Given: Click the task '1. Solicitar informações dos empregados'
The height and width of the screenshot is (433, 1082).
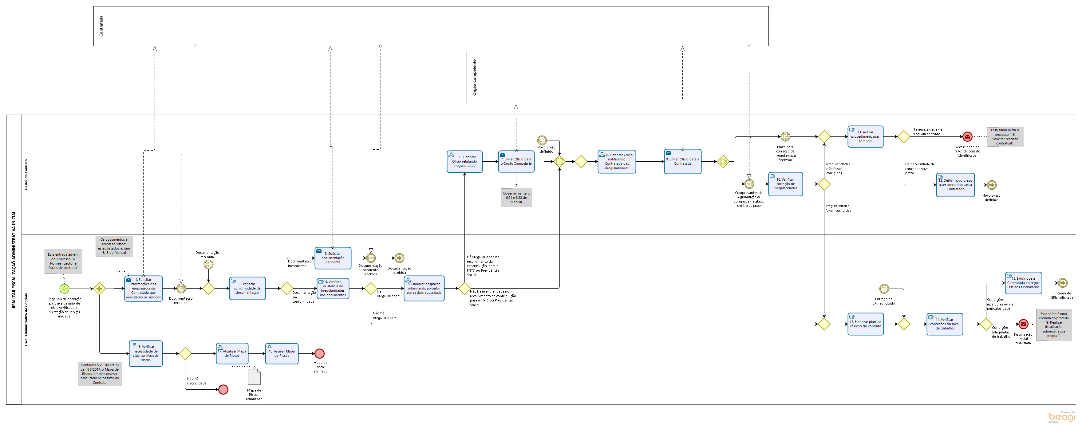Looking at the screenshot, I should coord(143,289).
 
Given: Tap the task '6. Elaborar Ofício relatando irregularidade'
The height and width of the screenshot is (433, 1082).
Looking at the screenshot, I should coord(464,162).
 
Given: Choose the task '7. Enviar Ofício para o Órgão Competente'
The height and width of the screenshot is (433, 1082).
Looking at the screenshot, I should coord(516,162).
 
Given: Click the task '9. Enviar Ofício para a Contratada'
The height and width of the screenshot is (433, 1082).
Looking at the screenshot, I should coord(682,162).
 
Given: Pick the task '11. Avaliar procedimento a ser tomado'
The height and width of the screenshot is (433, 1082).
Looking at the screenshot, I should coord(865,136).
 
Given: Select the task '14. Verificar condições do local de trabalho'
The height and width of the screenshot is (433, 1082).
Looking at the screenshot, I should coord(944,324).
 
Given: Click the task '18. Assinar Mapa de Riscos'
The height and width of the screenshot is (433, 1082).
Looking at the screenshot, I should coord(282,354).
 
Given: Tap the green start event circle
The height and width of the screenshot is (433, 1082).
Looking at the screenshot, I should coord(64,289).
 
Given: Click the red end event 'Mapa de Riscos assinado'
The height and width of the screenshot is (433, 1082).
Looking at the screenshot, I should coord(319,354).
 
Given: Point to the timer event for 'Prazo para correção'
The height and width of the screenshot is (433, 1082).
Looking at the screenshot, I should coord(785,136).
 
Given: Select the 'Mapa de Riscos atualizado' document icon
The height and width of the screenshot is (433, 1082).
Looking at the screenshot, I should coord(254,377).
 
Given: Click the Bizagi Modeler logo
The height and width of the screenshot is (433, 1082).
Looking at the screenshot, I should coord(1061,417).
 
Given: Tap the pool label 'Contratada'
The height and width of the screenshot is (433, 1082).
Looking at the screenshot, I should coord(101,26).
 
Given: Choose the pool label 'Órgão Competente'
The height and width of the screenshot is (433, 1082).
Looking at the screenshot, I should coord(474,78).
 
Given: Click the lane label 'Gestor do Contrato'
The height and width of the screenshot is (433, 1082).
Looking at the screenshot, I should coord(26,174).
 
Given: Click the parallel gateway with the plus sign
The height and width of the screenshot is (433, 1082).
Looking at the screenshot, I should coord(99,289).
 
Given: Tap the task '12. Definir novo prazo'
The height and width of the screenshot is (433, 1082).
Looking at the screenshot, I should coord(955,185).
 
